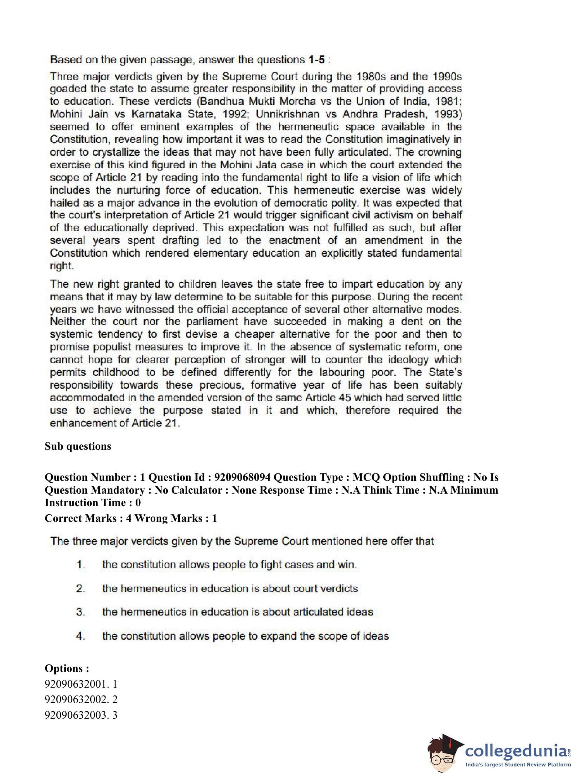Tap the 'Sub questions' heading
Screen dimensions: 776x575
point(78,446)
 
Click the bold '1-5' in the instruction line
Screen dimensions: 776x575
point(316,60)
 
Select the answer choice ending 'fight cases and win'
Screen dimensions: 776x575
point(229,564)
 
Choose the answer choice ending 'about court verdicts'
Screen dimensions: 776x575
point(230,588)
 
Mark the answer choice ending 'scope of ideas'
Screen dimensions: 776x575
point(246,636)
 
